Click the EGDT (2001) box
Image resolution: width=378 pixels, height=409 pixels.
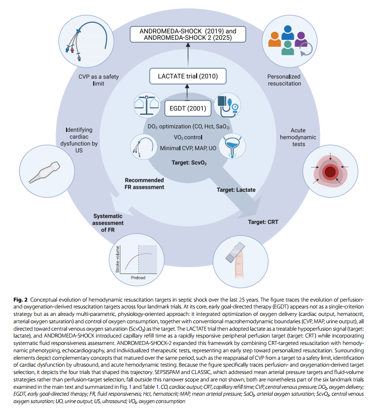click(188, 108)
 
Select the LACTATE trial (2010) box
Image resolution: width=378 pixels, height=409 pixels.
click(188, 76)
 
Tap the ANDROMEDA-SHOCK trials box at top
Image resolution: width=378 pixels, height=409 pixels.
click(188, 34)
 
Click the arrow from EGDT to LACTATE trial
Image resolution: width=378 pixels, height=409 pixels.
click(187, 92)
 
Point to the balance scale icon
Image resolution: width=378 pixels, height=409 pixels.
click(146, 105)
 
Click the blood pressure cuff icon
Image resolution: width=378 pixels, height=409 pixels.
click(228, 105)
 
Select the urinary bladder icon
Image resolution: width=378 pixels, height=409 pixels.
click(232, 146)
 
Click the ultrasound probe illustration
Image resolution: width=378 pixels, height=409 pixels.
click(45, 172)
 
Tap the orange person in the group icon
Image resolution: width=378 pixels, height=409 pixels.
click(275, 39)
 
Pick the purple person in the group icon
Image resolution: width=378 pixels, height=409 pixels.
click(301, 39)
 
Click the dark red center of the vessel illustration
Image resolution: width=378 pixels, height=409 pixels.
click(330, 172)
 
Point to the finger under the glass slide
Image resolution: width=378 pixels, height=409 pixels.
click(239, 264)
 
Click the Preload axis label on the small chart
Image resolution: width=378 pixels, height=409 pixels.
click(138, 278)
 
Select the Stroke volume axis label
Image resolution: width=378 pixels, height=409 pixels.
click(118, 259)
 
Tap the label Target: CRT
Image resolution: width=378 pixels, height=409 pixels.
click(263, 222)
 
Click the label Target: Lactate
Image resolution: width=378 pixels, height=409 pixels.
click(236, 190)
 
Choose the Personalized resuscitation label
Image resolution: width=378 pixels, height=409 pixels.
click(284, 80)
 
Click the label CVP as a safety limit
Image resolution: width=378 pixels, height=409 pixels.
click(99, 80)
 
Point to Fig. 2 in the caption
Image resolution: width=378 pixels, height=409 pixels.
click(20, 300)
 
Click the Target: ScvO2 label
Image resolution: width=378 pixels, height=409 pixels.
click(189, 163)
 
